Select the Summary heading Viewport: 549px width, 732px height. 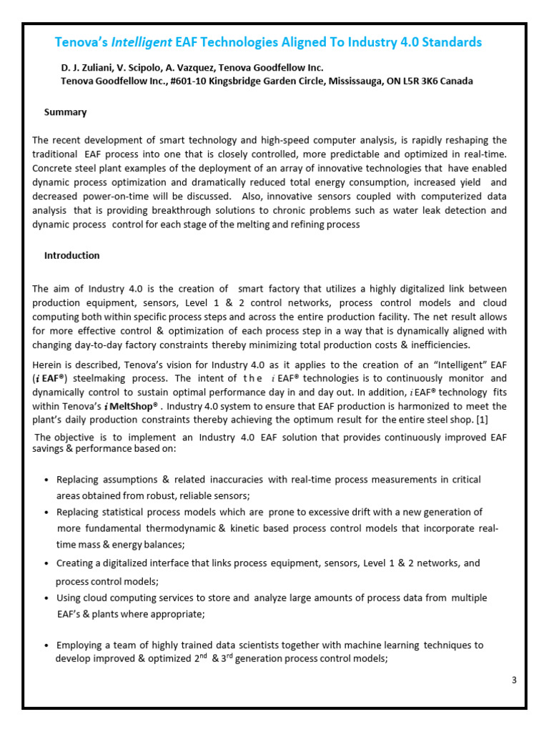click(x=66, y=112)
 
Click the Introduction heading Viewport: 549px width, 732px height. click(x=72, y=255)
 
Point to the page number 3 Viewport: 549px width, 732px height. click(x=514, y=680)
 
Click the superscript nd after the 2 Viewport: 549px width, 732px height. click(x=204, y=656)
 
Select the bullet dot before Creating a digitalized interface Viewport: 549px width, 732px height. click(x=46, y=563)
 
